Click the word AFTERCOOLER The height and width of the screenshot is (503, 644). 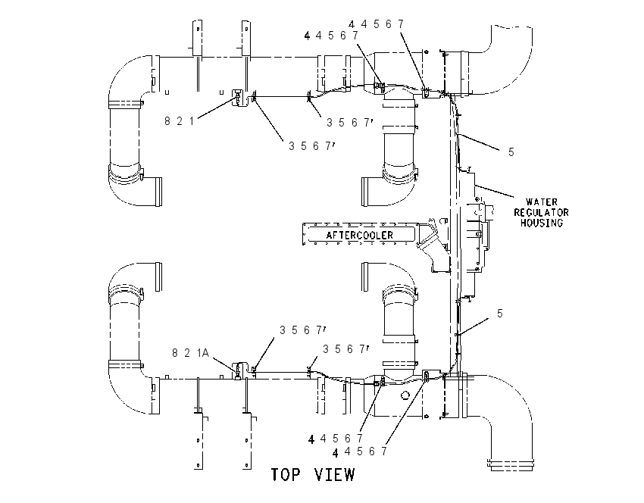pos(359,236)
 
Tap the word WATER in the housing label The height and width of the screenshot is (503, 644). pos(542,202)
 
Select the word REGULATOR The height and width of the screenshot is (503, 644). pos(541,213)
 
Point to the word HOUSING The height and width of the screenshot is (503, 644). pos(542,223)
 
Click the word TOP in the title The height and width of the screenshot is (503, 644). pos(286,475)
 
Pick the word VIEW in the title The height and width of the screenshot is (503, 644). pos(334,475)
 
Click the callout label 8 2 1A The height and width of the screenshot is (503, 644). pos(191,353)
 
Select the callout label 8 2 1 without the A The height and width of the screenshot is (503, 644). pos(179,121)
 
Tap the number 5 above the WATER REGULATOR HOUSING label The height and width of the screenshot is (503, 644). pos(511,152)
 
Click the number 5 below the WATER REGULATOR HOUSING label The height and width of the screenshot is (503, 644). pos(500,314)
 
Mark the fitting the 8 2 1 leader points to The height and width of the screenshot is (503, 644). pos(239,97)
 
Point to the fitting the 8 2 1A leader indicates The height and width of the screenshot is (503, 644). pos(239,370)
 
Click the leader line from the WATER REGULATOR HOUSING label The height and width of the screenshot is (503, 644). pos(494,192)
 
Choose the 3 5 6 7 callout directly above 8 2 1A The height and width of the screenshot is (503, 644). pos(303,330)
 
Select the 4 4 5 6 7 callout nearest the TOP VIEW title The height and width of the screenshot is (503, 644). pos(359,451)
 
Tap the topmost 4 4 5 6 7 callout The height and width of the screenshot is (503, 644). pos(377,24)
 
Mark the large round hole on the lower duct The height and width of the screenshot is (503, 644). pos(405,395)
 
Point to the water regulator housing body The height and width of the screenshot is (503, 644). pos(472,234)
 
